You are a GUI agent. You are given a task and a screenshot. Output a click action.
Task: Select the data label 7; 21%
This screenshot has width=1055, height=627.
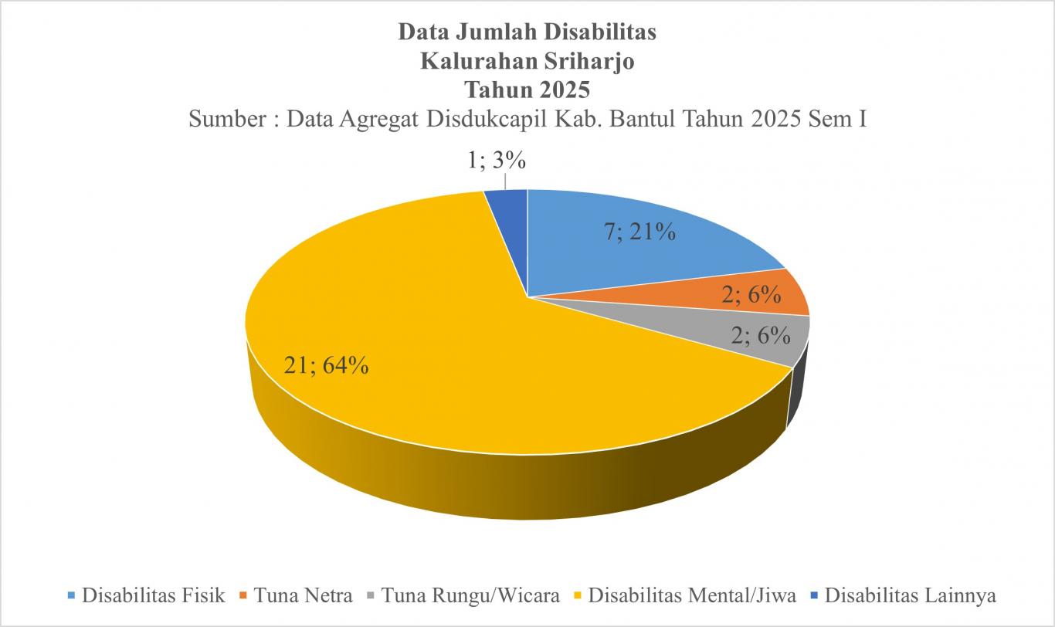640,231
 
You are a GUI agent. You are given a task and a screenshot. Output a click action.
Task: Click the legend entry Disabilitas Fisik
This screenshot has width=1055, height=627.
153,595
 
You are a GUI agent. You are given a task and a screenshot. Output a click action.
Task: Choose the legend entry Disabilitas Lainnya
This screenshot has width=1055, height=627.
910,595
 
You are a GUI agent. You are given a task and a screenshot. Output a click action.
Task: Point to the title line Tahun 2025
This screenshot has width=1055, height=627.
527,90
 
